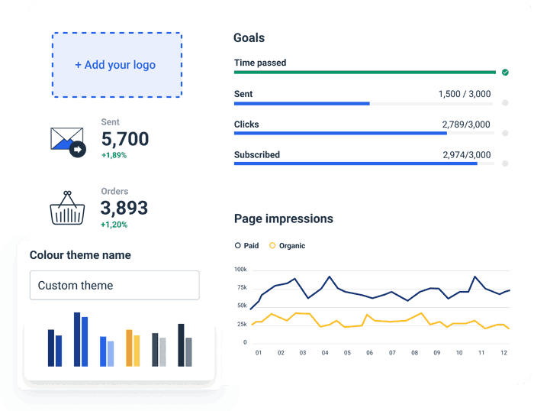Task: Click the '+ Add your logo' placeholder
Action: coord(116,65)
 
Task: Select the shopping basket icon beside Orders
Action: coord(67,208)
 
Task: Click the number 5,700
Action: coord(124,139)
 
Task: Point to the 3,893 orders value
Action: coord(124,208)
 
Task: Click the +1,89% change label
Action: coord(114,155)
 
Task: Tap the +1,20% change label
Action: coord(114,225)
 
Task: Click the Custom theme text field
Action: coord(114,285)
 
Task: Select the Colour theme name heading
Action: coord(80,255)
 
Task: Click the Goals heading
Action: coord(249,38)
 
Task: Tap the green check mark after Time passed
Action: coord(505,73)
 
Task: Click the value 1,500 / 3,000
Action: coord(464,94)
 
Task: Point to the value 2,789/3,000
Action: coord(466,125)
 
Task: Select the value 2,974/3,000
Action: coord(466,155)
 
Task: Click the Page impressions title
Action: coord(283,218)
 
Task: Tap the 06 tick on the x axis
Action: coord(370,353)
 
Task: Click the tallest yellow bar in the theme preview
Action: coord(129,348)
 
